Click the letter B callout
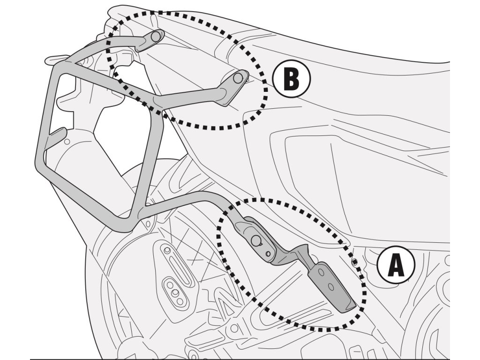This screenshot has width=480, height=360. point(291,79)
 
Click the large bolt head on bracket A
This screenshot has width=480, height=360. point(256,240)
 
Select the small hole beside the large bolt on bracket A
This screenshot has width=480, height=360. point(268,254)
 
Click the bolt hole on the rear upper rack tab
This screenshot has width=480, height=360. point(157,36)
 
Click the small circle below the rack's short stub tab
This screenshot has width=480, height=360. point(67,141)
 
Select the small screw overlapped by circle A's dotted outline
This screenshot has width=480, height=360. point(355,261)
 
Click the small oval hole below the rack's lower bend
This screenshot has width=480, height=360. point(150,224)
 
